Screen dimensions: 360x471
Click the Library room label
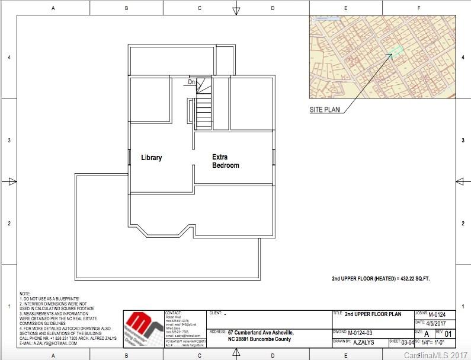point(151,158)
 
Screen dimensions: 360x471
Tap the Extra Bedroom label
point(226,161)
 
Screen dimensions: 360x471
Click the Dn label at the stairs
point(191,82)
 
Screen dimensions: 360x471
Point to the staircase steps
point(204,110)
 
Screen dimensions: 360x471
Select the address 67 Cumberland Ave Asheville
point(260,333)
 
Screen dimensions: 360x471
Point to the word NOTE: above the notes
point(25,294)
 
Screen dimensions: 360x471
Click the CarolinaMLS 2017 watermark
point(435,355)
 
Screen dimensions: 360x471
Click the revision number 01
point(448,334)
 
